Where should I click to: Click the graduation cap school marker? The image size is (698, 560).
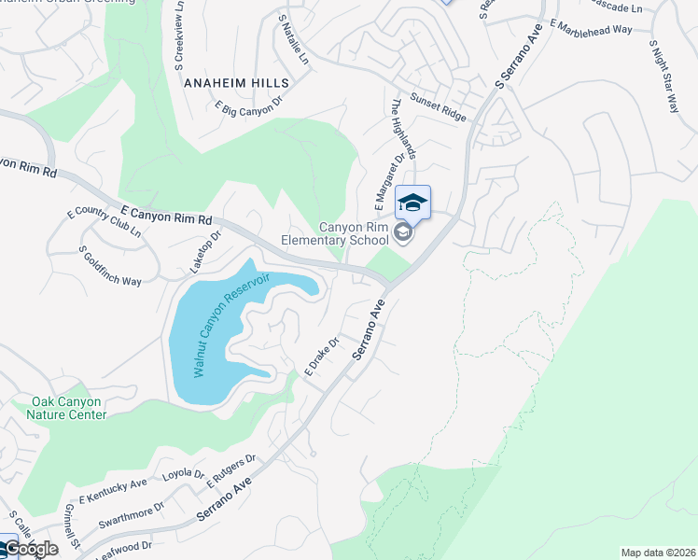click(x=412, y=203)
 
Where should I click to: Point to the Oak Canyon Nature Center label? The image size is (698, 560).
click(x=66, y=408)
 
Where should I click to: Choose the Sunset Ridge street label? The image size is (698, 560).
click(x=440, y=107)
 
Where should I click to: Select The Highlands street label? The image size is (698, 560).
click(x=403, y=128)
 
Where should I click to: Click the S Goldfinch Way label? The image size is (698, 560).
click(x=110, y=266)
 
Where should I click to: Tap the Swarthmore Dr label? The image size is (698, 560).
click(x=132, y=511)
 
